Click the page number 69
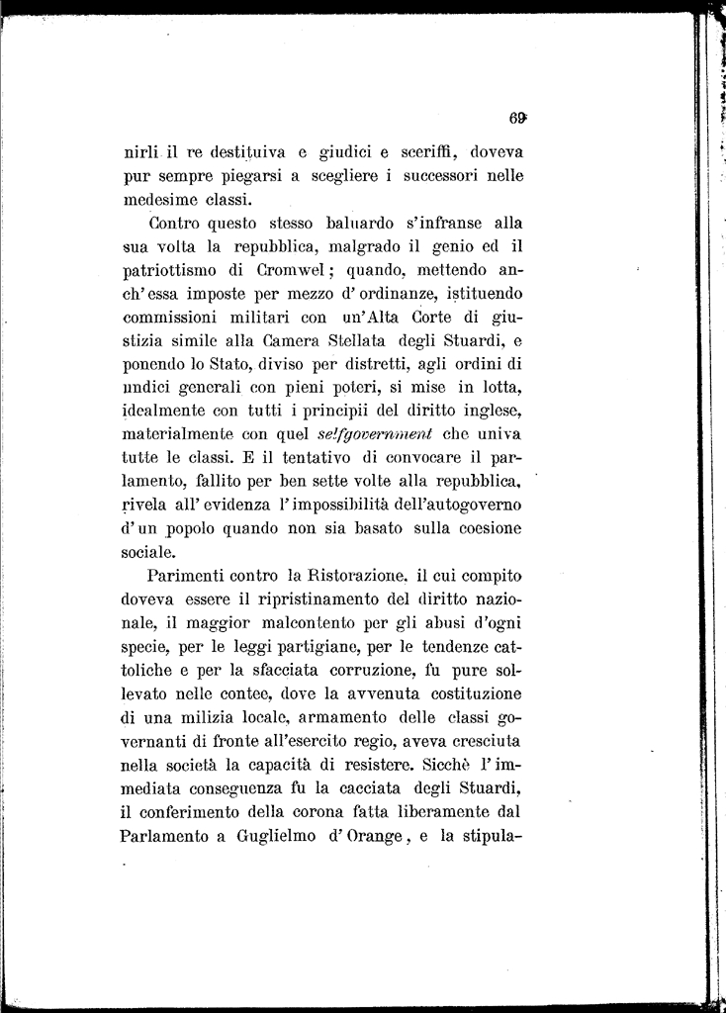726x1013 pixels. click(x=516, y=116)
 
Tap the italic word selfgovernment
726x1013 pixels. click(x=376, y=434)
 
